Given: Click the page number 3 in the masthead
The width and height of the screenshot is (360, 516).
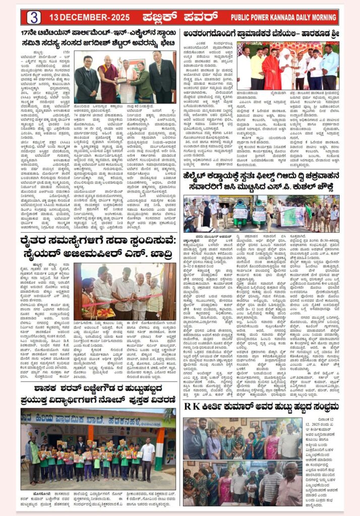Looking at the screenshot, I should [x=33, y=17].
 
